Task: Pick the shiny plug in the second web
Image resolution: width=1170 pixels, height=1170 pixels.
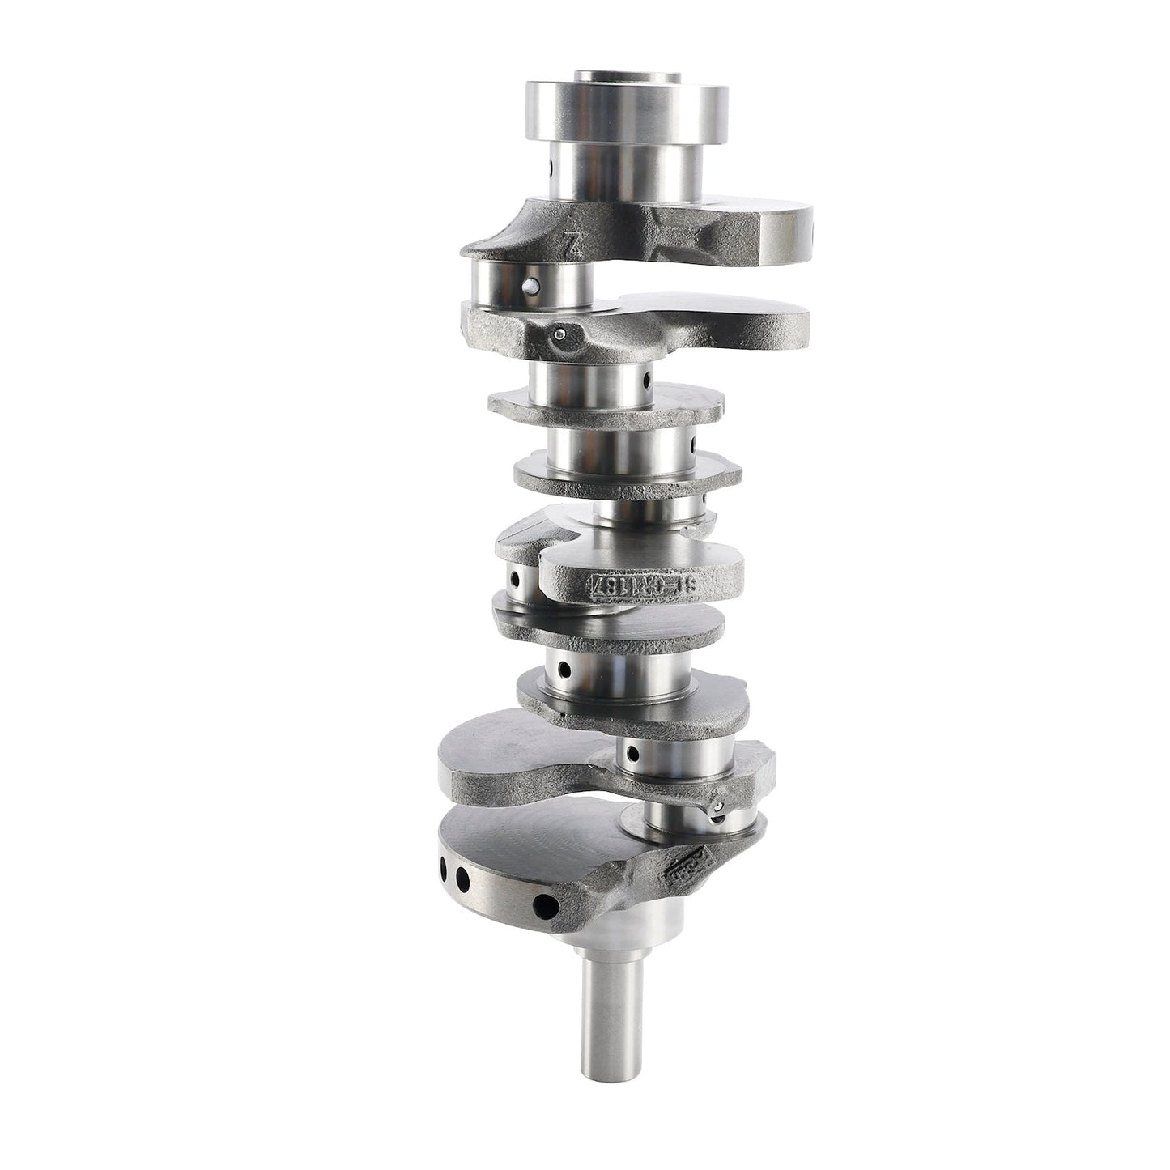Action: (x=559, y=333)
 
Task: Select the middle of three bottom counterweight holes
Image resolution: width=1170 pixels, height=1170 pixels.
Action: (x=463, y=877)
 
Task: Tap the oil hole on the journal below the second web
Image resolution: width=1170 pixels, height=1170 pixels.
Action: (x=647, y=379)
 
